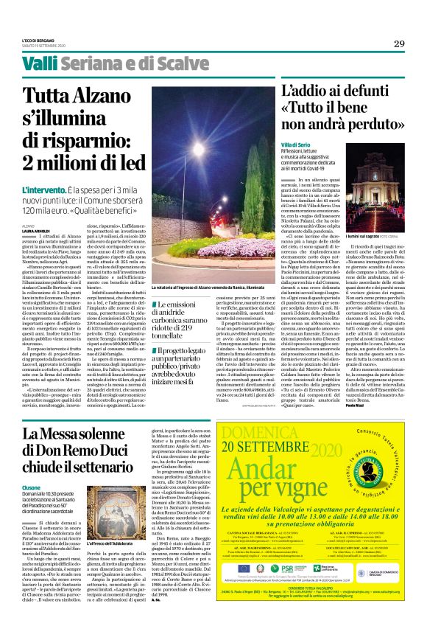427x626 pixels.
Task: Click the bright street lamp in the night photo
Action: tap(199, 148)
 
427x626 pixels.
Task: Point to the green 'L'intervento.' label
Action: tap(45, 190)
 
